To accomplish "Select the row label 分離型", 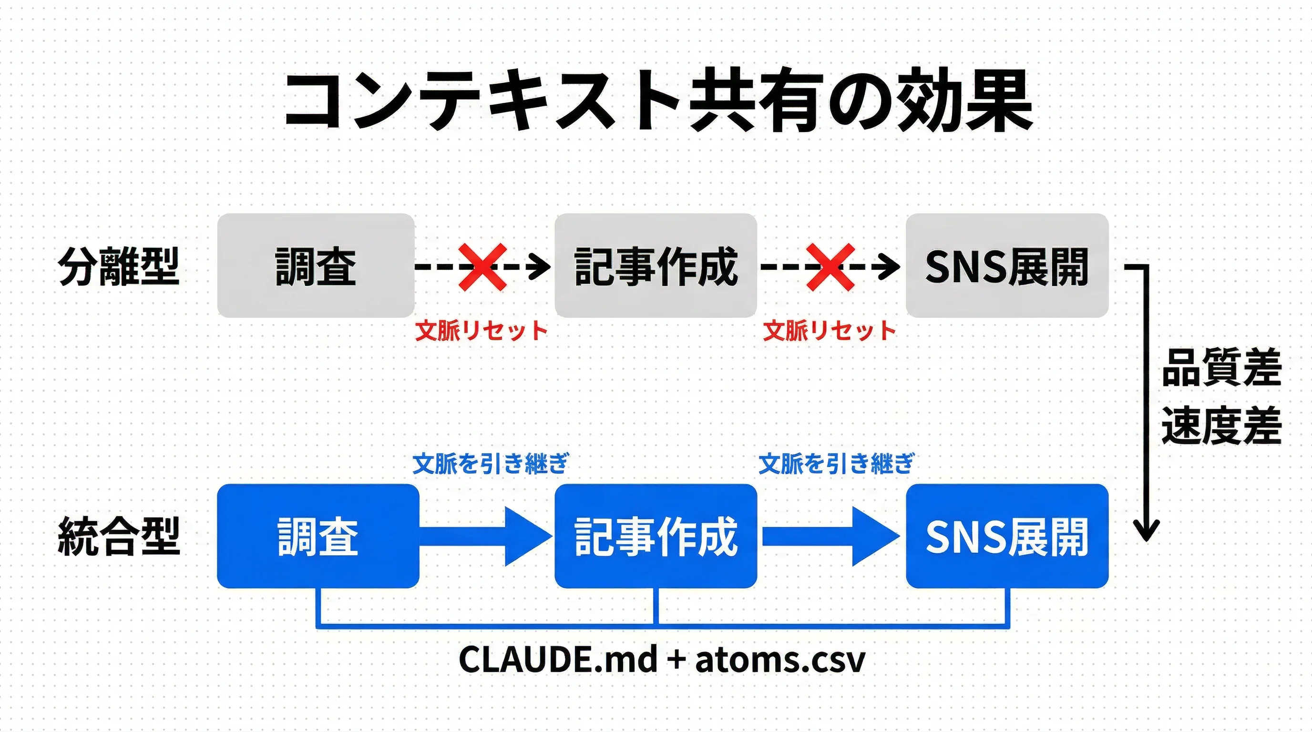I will click(119, 266).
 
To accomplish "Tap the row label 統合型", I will click(119, 536).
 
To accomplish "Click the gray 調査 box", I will click(316, 266).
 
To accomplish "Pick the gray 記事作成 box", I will click(656, 266).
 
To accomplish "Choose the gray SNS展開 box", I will click(1007, 266).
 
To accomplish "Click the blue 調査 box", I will click(318, 536).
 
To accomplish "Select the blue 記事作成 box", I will click(656, 536).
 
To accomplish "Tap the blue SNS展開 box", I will click(1007, 536).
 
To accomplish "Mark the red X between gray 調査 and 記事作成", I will click(482, 267).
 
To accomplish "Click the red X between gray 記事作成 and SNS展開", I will click(830, 267).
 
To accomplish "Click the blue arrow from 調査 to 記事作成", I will click(486, 536).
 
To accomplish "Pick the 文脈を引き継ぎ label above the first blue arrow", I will click(490, 463).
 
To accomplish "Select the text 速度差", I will click(1221, 426).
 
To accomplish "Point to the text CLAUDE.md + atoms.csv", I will click(662, 660).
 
